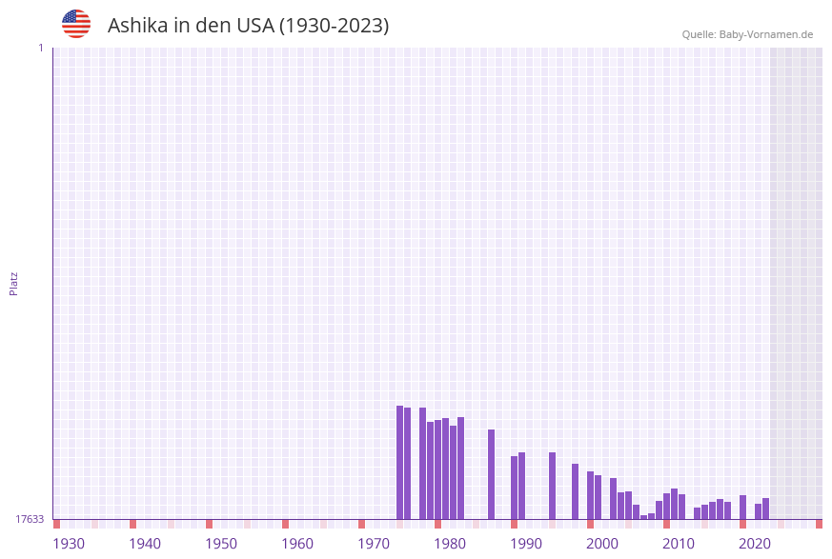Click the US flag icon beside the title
pyautogui.click(x=76, y=24)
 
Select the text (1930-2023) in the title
pyautogui.click(x=334, y=26)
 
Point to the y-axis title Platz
pyautogui.click(x=14, y=284)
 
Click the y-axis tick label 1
pyautogui.click(x=40, y=48)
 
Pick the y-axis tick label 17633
pyautogui.click(x=30, y=519)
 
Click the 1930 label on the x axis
pyautogui.click(x=69, y=544)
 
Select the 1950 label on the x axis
pyautogui.click(x=221, y=544)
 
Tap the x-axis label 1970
pyautogui.click(x=374, y=544)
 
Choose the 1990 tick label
pyautogui.click(x=526, y=544)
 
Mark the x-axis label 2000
pyautogui.click(x=602, y=544)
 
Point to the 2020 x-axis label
pyautogui.click(x=755, y=544)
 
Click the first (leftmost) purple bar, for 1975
pyautogui.click(x=400, y=463)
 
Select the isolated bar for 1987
pyautogui.click(x=492, y=474)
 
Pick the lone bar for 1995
pyautogui.click(x=553, y=486)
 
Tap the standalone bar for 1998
pyautogui.click(x=576, y=491)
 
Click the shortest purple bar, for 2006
pyautogui.click(x=644, y=517)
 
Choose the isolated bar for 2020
pyautogui.click(x=743, y=507)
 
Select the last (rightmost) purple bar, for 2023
pyautogui.click(x=766, y=509)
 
